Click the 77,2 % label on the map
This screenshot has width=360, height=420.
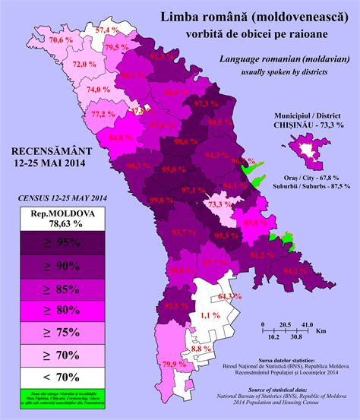103,114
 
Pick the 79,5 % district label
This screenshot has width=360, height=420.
117,47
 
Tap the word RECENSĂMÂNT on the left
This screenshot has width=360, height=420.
49,151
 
